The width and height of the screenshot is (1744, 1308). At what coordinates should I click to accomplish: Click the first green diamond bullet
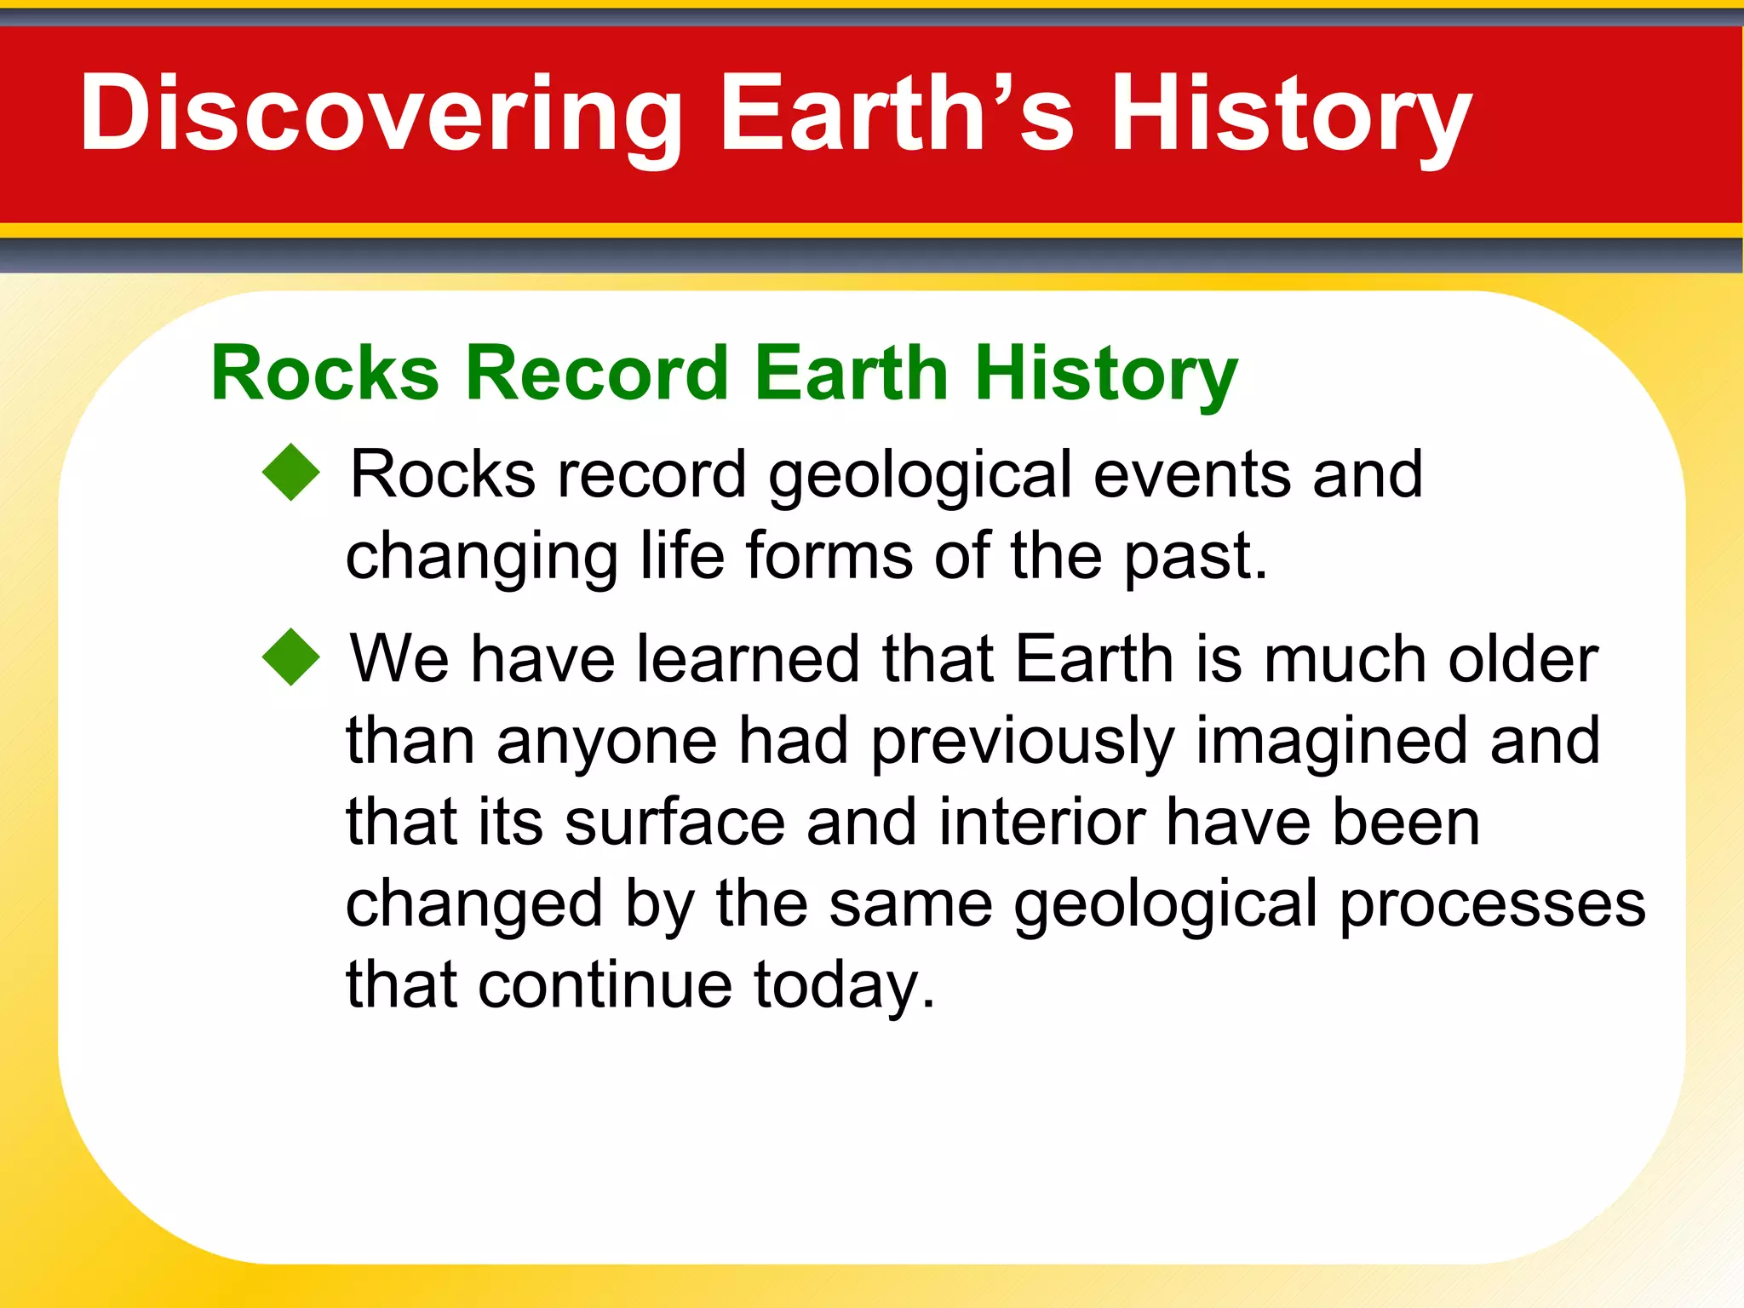pyautogui.click(x=291, y=472)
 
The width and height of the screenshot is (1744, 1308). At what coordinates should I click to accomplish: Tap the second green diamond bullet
pyautogui.click(x=291, y=657)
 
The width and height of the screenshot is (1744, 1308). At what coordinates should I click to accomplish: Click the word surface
pyautogui.click(x=674, y=822)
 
